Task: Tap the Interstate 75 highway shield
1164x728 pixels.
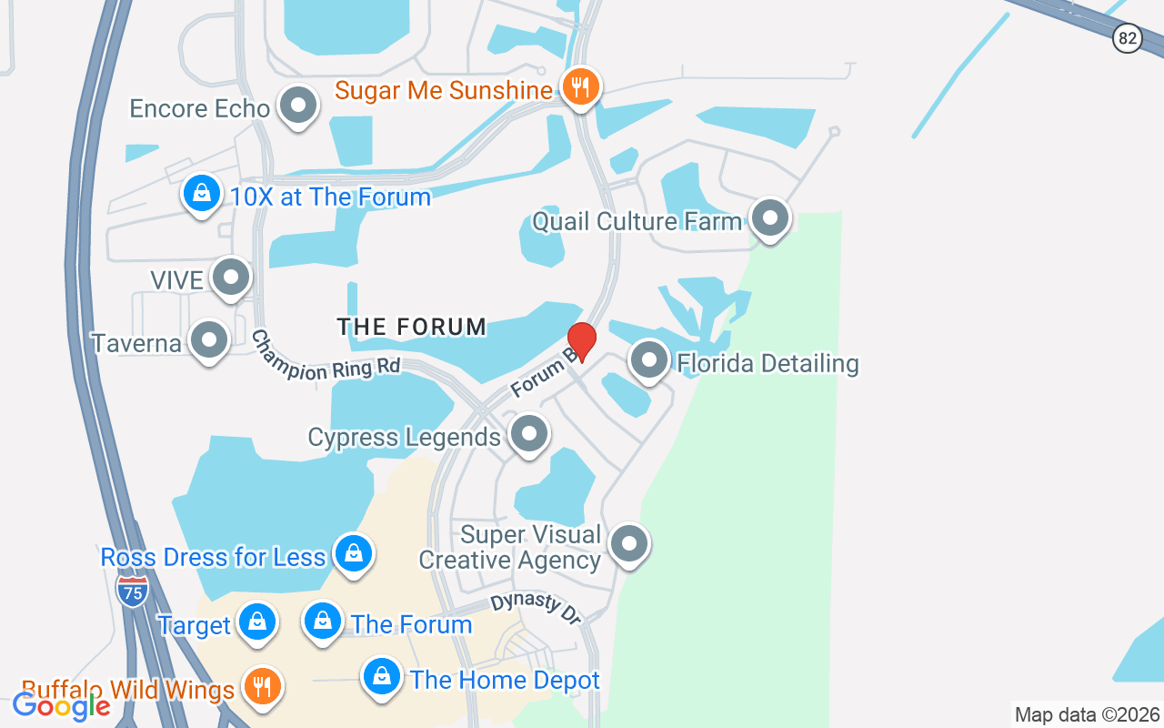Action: [x=133, y=591]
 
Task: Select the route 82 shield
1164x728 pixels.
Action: [x=1128, y=38]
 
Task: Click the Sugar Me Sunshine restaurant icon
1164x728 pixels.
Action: [x=579, y=87]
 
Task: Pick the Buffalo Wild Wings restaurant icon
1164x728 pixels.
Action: [x=263, y=686]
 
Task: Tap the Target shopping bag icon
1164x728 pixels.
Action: [x=257, y=622]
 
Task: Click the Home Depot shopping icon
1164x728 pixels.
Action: [x=382, y=677]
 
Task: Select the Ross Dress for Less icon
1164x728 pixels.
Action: [x=353, y=552]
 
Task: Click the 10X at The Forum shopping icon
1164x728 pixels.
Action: [x=202, y=193]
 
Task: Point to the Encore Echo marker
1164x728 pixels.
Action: [x=297, y=106]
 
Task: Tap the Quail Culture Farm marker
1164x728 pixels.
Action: [x=770, y=218]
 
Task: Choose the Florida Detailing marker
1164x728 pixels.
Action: [x=649, y=360]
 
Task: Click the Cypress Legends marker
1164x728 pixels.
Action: [x=528, y=434]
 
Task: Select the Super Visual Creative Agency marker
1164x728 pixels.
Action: [x=628, y=544]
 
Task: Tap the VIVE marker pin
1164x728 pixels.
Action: [x=231, y=277]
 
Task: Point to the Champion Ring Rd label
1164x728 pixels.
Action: [x=326, y=356]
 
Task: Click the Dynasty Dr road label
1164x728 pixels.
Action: [x=536, y=609]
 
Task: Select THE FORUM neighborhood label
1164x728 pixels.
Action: [x=412, y=327]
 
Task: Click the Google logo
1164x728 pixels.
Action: [x=62, y=705]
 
